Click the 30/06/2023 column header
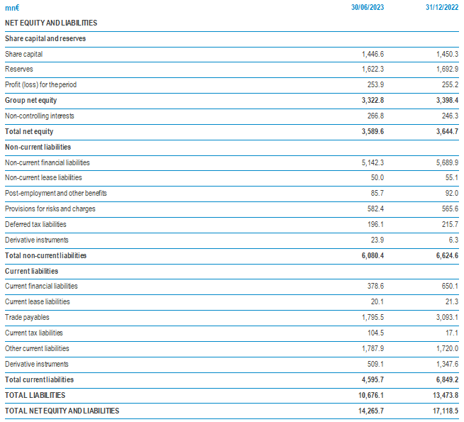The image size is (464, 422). coord(368,7)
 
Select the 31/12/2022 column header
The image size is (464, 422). coord(442,7)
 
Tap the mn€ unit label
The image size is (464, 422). coord(12,8)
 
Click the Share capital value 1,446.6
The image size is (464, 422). coord(372,54)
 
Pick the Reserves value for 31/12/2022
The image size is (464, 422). coord(447,70)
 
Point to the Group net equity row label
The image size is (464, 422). coord(31,100)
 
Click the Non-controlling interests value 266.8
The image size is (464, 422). coord(375,116)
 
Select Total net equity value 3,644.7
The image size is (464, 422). coord(447,131)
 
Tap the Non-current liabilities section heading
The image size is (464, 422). coord(38,147)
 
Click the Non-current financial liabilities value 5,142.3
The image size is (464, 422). coord(372,162)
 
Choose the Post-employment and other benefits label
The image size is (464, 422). coord(55,193)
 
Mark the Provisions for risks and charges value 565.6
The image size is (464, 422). coord(450,209)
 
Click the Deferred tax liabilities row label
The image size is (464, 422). coord(35,224)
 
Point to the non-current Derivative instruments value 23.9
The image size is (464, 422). coord(377,240)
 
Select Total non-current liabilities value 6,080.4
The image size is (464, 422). coord(372,255)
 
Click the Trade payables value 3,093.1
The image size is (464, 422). coord(447,317)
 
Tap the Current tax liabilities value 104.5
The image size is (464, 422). coord(375,333)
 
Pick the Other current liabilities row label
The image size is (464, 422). coord(37,348)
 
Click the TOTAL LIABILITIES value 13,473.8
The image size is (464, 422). coord(446,395)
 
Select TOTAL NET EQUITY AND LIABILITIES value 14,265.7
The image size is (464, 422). coord(371,411)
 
